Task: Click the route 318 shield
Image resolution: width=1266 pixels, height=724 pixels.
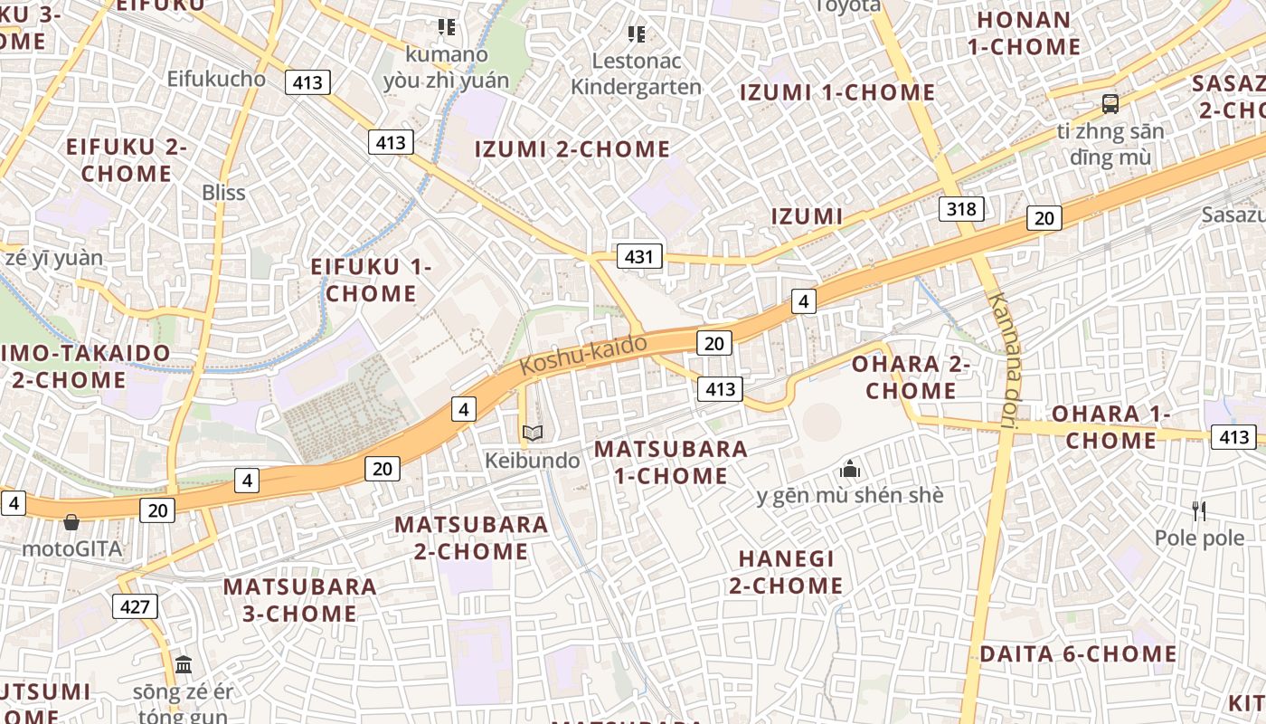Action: [960, 209]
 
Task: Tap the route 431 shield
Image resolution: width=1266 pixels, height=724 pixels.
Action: [639, 256]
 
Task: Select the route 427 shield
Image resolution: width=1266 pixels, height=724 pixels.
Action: [135, 605]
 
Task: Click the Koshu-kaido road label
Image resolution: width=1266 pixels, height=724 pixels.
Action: [584, 355]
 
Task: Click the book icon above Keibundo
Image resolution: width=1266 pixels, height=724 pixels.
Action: [533, 433]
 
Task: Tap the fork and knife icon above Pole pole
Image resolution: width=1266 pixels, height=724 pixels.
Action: [1199, 511]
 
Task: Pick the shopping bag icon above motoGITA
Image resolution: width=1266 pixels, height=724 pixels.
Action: [71, 522]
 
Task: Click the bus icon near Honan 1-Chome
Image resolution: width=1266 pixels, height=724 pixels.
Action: [1110, 104]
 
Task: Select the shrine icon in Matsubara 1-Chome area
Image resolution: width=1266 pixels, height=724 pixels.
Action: [849, 469]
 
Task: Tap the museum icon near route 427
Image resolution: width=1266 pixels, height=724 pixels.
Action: [184, 665]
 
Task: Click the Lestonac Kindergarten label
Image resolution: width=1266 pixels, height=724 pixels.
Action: [637, 74]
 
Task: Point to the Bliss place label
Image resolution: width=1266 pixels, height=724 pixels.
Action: [223, 192]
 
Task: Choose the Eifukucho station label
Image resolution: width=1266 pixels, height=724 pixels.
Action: [216, 79]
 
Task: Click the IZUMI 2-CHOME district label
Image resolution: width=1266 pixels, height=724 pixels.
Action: [572, 149]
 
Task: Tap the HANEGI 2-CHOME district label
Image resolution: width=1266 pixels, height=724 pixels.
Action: [786, 572]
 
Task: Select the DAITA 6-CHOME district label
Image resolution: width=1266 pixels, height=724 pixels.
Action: [1078, 653]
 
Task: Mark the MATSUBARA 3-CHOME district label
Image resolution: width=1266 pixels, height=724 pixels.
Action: [299, 599]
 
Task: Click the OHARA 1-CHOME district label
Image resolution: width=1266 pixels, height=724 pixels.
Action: [1110, 427]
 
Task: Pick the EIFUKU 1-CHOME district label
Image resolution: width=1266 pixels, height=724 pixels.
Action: [371, 280]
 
